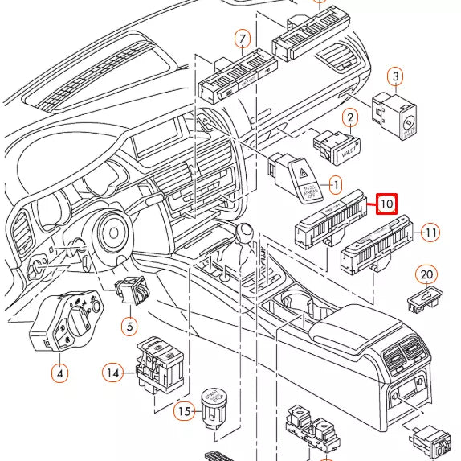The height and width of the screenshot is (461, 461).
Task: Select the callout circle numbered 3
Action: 395,77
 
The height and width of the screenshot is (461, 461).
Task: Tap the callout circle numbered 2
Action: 349,118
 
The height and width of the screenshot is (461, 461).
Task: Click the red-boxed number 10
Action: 386,204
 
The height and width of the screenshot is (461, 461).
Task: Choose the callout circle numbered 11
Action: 431,233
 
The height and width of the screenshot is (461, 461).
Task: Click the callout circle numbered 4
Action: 59,373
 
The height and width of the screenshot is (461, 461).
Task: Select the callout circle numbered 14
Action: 113,372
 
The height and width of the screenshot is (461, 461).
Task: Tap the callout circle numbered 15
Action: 185,411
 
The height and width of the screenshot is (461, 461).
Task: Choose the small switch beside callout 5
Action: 131,290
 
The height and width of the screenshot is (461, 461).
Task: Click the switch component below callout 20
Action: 423,300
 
